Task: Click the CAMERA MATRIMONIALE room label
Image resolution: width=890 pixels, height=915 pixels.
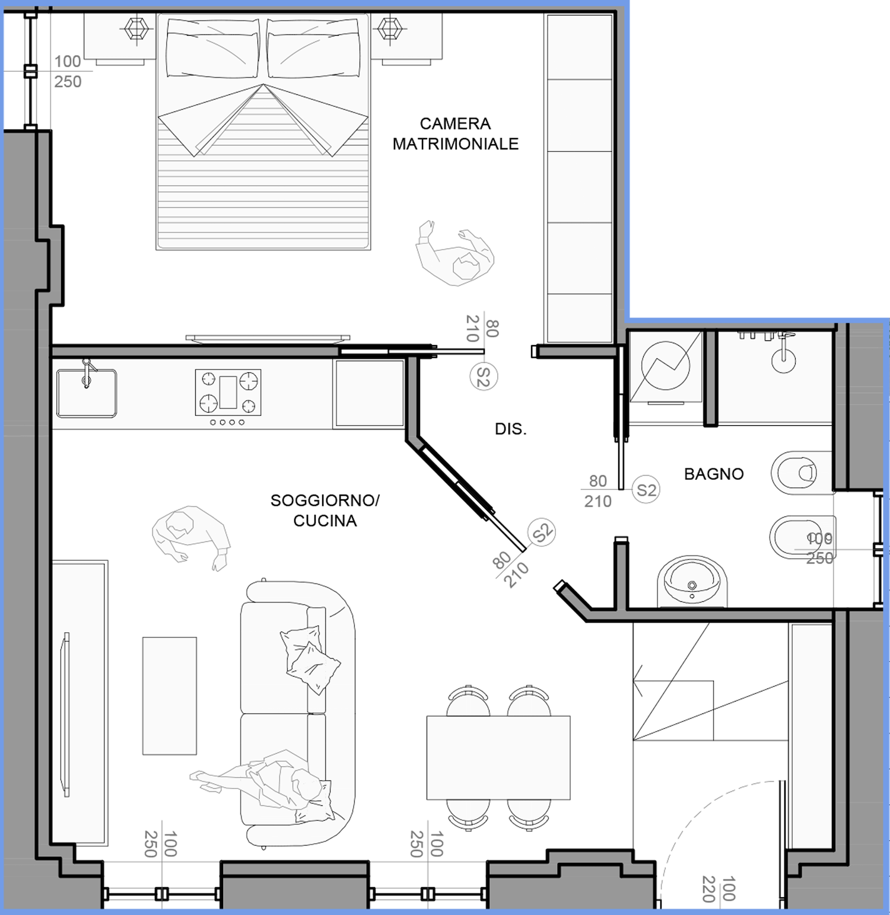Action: pos(456,133)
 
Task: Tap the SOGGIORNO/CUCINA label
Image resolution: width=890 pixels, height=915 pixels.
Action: pos(325,510)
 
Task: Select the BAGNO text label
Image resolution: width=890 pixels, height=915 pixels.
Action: pos(714,474)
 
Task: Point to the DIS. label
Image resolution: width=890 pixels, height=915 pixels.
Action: pos(511,429)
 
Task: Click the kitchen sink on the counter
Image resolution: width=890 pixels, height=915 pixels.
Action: pos(87,392)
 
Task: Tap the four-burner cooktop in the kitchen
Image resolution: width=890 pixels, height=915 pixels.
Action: pos(228,392)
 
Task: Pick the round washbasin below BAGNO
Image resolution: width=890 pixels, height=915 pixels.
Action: pos(692,582)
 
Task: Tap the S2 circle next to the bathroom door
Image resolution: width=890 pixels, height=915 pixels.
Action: pos(646,490)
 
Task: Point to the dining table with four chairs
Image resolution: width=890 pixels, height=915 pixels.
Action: pos(498,757)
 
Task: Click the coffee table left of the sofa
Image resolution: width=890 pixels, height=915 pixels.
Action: pos(170,696)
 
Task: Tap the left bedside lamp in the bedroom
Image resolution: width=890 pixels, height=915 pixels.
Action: pos(137,28)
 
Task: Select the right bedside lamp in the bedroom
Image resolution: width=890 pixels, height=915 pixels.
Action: pos(390,28)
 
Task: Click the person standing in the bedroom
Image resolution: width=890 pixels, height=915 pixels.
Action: pos(455,253)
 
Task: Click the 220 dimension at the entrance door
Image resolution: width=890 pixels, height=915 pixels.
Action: pos(708,888)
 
